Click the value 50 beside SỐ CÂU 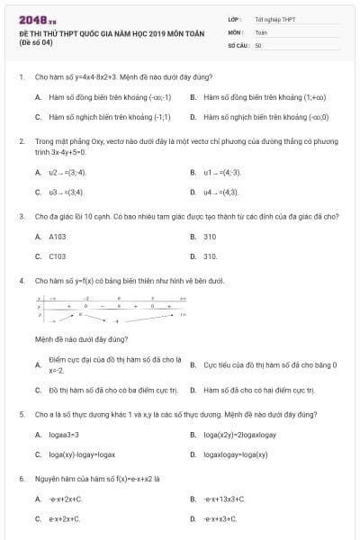click(x=258, y=44)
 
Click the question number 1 click(x=21, y=77)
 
